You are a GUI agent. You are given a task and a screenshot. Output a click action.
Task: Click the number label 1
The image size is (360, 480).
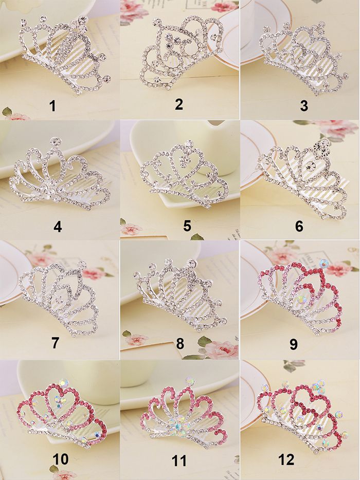[x=51, y=106]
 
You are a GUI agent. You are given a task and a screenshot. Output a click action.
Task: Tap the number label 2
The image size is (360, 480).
[x=179, y=104]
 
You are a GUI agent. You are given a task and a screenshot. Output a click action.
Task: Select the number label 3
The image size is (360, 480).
[x=304, y=106]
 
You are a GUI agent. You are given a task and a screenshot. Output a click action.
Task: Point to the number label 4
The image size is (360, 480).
[x=57, y=226]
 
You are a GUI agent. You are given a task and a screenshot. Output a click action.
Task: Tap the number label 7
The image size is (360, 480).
[x=55, y=343]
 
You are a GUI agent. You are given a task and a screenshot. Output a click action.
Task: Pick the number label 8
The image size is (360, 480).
[x=179, y=343]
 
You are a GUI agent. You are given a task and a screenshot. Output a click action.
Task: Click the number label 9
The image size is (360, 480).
[x=293, y=344]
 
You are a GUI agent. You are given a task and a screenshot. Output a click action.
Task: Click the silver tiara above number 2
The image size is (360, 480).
[x=180, y=51]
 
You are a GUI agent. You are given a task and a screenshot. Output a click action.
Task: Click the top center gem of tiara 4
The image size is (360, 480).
[x=53, y=140]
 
